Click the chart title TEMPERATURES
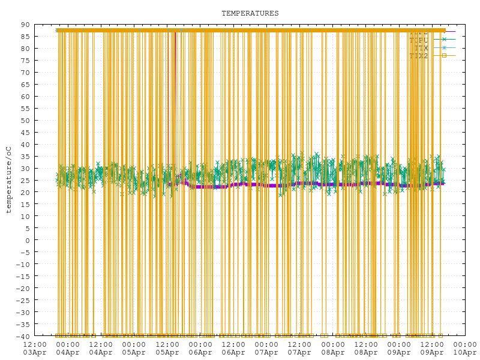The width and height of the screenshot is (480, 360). click(x=250, y=13)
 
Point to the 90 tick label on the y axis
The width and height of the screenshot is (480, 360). click(x=25, y=25)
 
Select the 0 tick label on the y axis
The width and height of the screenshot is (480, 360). click(x=28, y=240)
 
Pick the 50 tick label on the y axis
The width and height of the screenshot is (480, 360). click(x=25, y=121)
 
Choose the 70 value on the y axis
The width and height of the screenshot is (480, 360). click(x=25, y=73)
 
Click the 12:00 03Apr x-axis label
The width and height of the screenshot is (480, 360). click(x=35, y=348)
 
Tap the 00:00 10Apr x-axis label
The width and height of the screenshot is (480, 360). click(x=465, y=348)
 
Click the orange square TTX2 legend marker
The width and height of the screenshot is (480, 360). click(x=445, y=56)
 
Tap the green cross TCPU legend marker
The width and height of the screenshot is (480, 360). click(x=445, y=39)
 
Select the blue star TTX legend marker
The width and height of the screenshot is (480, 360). click(x=445, y=47)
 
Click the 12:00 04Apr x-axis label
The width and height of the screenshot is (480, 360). click(x=101, y=348)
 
